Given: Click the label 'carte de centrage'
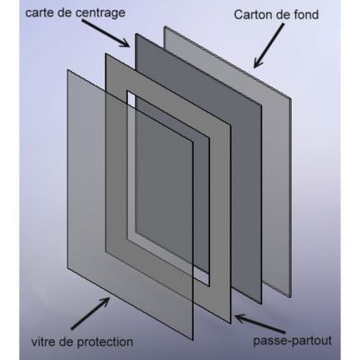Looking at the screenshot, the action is [76, 13].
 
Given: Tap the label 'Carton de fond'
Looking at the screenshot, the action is [276, 14].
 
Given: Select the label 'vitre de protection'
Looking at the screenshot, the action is [82, 342].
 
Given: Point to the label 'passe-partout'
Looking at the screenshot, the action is [292, 341].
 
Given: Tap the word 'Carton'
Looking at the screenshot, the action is [251, 14].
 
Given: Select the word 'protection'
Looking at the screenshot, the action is [105, 342].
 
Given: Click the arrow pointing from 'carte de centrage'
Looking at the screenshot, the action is [105, 33].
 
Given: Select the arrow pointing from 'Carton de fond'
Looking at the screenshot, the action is [268, 46].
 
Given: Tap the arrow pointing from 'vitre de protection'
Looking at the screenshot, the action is [90, 313].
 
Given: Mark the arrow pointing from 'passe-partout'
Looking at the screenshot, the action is [260, 323].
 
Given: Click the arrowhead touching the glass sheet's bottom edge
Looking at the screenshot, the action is [105, 301].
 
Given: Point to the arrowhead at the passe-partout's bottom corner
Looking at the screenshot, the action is [240, 319].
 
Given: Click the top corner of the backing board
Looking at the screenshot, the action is [165, 27].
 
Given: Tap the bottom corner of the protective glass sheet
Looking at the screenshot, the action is [193, 340].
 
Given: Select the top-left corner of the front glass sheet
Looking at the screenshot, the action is [67, 70].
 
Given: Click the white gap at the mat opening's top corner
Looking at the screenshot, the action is [130, 96].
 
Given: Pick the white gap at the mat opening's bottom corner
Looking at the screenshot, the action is [204, 278].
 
